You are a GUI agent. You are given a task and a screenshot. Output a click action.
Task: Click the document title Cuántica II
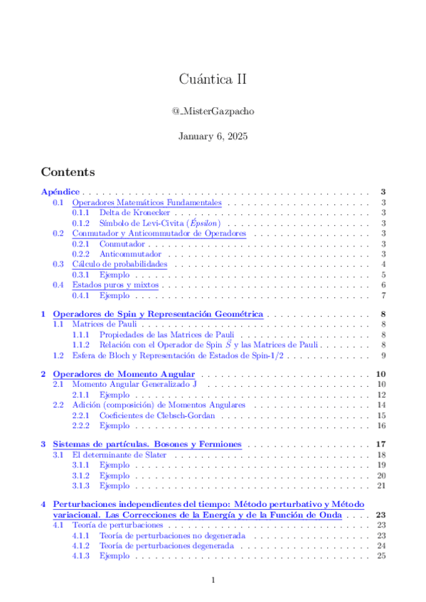pyautogui.click(x=213, y=80)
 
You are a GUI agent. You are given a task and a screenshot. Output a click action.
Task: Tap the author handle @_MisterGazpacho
pyautogui.click(x=213, y=111)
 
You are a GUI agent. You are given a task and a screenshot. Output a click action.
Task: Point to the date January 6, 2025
pyautogui.click(x=213, y=136)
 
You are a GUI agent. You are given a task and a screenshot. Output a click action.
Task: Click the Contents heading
pyautogui.click(x=68, y=172)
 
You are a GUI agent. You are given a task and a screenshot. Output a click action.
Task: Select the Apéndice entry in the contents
pyautogui.click(x=60, y=192)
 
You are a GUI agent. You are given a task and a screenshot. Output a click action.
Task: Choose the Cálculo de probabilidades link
pyautogui.click(x=119, y=264)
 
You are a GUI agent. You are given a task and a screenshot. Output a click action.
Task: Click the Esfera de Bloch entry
pyautogui.click(x=178, y=355)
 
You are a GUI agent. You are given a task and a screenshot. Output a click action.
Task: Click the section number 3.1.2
pyautogui.click(x=80, y=476)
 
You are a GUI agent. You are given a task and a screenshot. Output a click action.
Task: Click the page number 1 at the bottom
pyautogui.click(x=213, y=581)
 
